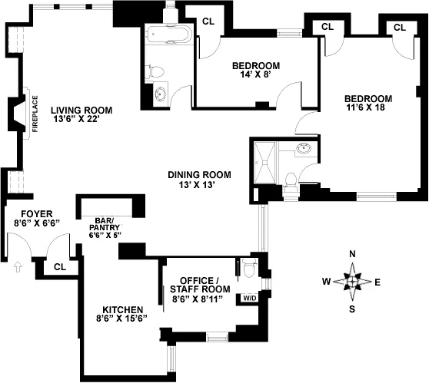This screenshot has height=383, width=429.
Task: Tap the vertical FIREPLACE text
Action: coord(35,114)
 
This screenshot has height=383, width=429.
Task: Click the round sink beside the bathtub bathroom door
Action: coord(160,95)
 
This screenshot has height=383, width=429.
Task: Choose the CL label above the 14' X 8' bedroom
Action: coord(208,21)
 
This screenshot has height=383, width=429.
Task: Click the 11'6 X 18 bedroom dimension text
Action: coord(367,109)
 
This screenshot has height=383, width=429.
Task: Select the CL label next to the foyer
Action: coord(60,266)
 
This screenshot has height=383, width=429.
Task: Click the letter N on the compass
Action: coord(352,255)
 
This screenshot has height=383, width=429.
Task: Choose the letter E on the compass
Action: coord(377,282)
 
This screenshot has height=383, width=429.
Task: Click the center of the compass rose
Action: coord(352,282)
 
